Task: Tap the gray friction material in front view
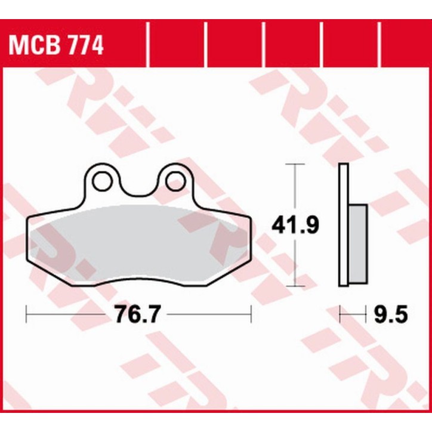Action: tap(137, 239)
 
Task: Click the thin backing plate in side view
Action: tap(343, 225)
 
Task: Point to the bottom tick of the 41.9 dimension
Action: tap(295, 286)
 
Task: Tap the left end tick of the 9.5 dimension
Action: tap(340, 313)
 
